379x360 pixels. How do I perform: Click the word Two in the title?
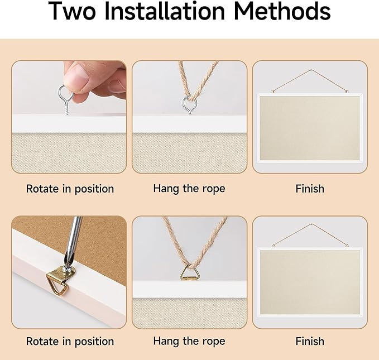point(73,11)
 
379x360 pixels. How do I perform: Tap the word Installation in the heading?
point(165,11)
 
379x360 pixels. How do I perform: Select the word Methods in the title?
point(282,11)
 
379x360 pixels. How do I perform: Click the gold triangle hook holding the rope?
point(189,272)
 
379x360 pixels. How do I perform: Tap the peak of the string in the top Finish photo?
point(311,70)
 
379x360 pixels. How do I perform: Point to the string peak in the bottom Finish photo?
point(311,224)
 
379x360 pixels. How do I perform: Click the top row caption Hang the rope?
point(189,189)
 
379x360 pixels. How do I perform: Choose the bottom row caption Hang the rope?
point(189,341)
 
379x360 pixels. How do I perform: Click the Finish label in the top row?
point(310,189)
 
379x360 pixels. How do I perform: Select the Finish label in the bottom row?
point(310,341)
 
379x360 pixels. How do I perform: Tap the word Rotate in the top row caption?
point(42,189)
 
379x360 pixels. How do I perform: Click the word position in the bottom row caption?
point(94,342)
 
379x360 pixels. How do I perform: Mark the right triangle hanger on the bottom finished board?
point(347,246)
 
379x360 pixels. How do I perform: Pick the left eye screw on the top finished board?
point(273,92)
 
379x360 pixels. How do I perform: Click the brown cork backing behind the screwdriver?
point(102,242)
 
